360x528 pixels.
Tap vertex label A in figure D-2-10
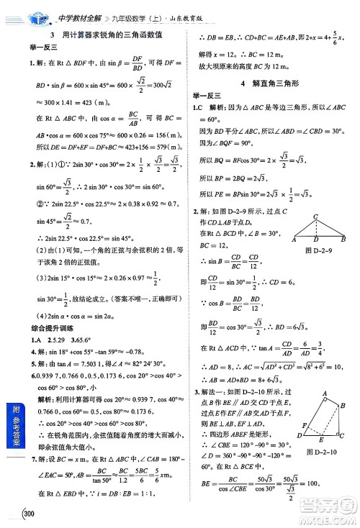[x=325, y=392]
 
